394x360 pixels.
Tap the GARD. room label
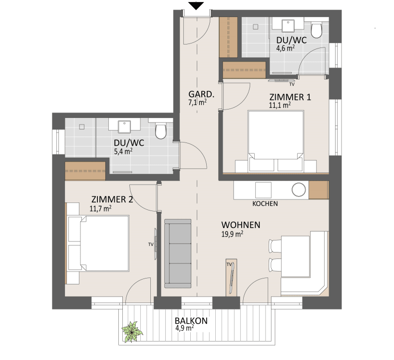(x=201, y=94)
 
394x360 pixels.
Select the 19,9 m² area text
(x=232, y=234)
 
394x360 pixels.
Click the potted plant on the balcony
(x=132, y=331)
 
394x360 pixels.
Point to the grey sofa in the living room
(x=178, y=253)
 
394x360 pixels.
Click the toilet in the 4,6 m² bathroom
(x=317, y=30)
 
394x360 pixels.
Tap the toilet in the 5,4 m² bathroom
(x=161, y=131)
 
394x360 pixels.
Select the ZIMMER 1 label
(x=290, y=97)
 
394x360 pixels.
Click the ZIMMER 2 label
(x=112, y=199)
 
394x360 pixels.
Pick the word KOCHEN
(x=265, y=203)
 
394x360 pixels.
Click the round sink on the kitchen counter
(x=299, y=189)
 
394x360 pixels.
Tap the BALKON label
(x=191, y=321)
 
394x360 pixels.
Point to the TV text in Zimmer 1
(x=292, y=84)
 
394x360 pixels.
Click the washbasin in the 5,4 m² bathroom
(x=124, y=126)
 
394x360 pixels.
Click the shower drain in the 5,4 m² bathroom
(x=82, y=127)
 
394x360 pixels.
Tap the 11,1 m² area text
(x=280, y=105)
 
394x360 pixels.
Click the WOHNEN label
(x=241, y=225)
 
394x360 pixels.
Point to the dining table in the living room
(x=295, y=256)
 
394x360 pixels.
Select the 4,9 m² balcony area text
(x=184, y=328)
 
